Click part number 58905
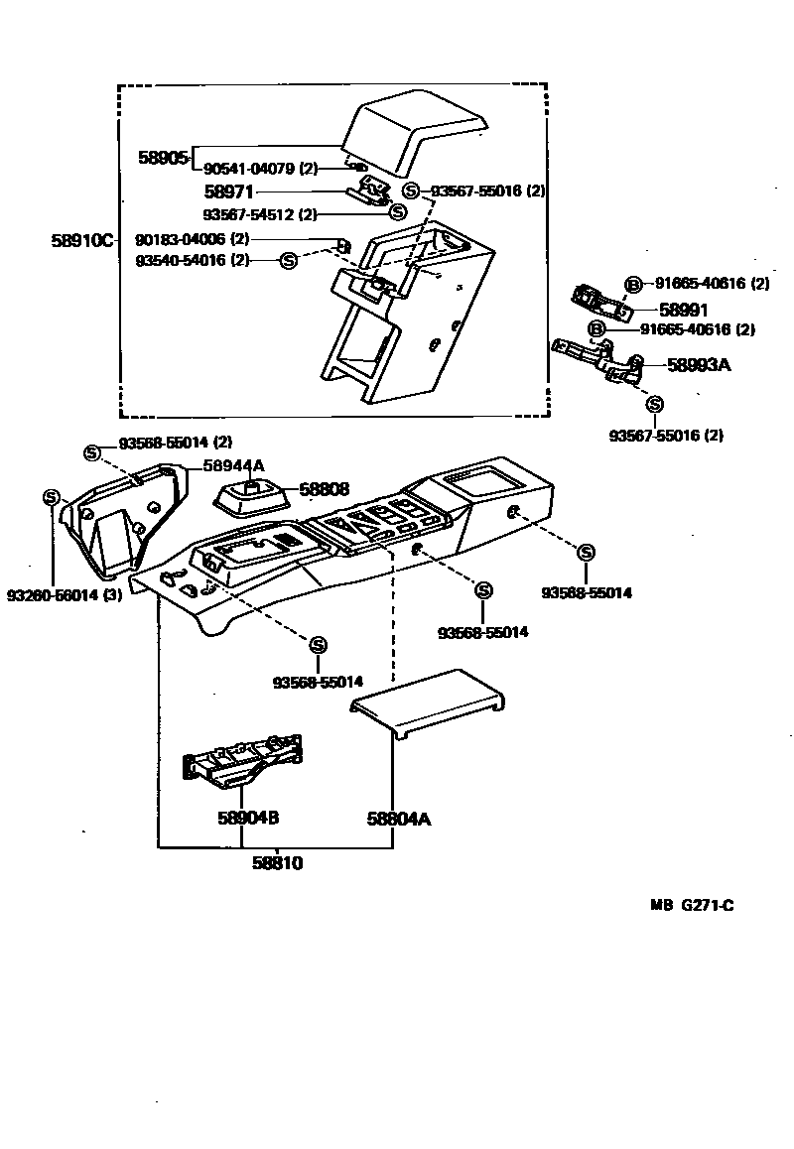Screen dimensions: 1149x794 [x=163, y=158]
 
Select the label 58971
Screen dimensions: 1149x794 [x=229, y=191]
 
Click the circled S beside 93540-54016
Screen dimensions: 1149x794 [x=288, y=260]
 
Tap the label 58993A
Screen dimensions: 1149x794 [x=699, y=365]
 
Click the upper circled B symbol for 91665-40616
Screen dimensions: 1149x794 [x=632, y=285]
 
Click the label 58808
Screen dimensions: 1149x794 [x=325, y=489]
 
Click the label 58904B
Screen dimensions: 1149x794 [x=247, y=819]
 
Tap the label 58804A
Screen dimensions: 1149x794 [x=398, y=819]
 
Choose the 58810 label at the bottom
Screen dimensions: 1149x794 [x=276, y=863]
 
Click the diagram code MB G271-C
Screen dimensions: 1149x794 [x=692, y=905]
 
